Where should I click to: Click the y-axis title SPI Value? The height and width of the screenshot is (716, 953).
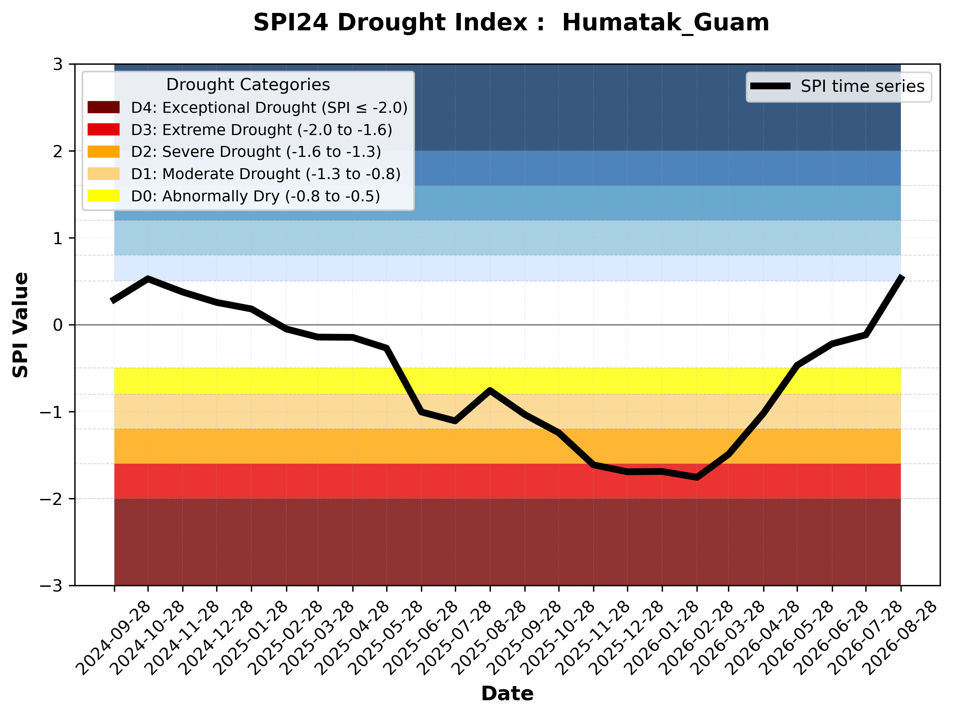20,325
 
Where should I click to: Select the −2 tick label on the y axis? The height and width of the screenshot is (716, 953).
51,499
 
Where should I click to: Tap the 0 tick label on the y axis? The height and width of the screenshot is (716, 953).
58,325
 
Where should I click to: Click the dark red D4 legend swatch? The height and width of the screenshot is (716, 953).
103,107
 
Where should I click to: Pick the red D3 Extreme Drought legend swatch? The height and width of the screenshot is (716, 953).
103,129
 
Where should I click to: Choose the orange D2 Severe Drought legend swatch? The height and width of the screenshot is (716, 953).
103,152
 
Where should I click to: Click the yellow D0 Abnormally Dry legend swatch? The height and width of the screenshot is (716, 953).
103,196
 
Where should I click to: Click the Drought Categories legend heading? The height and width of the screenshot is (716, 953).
248,85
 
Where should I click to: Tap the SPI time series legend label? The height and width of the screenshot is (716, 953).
863,87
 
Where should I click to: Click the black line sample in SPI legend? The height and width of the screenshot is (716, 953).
770,86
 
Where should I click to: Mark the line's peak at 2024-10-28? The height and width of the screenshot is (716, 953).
148,279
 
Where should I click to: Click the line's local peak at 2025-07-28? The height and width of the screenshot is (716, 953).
490,390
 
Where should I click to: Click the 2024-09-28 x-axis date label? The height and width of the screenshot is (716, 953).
113,638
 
